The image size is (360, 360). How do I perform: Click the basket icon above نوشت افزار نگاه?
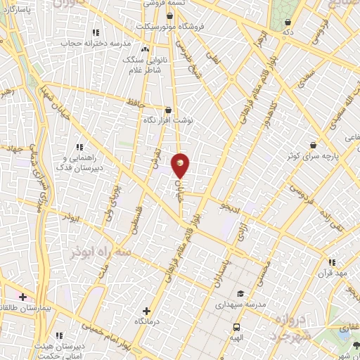(x=167, y=110)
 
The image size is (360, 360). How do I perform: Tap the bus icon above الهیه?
(x=236, y=327)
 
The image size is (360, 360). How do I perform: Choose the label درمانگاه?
(x=147, y=321)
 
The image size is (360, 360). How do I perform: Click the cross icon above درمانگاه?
(x=146, y=310)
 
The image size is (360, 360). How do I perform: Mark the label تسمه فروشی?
(x=165, y=4)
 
